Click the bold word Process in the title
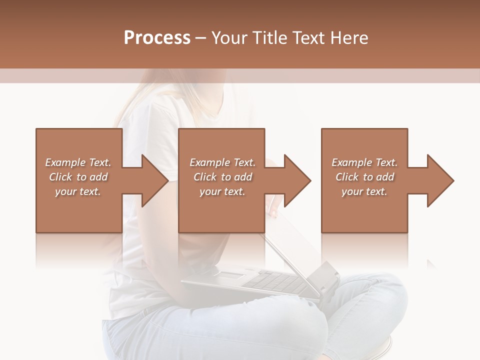pyautogui.click(x=157, y=38)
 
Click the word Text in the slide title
pyautogui.click(x=307, y=38)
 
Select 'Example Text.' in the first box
pyautogui.click(x=78, y=162)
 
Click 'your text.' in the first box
pyautogui.click(x=78, y=191)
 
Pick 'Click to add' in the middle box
pyautogui.click(x=222, y=177)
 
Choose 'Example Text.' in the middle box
pyautogui.click(x=222, y=162)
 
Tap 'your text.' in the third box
pyautogui.click(x=364, y=191)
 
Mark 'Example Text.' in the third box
pyautogui.click(x=364, y=162)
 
